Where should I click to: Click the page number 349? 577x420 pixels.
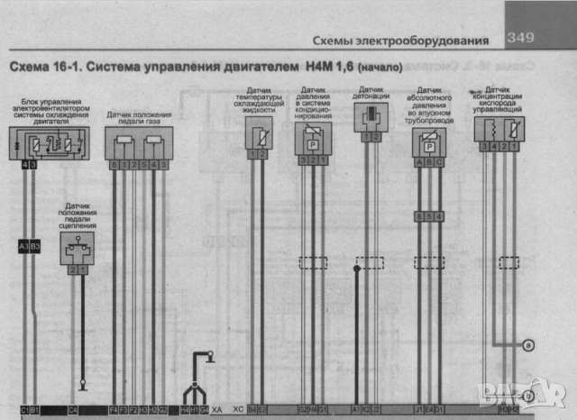(x=521, y=38)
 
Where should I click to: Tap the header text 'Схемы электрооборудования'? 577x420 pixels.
(x=400, y=41)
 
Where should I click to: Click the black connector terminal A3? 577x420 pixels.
(x=24, y=246)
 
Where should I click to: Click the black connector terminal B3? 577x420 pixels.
(x=36, y=246)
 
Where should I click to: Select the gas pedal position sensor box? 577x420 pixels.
(x=137, y=143)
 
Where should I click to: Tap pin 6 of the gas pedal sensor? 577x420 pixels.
(x=114, y=165)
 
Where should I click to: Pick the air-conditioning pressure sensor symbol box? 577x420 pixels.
(x=313, y=140)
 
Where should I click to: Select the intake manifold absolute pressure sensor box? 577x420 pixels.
(x=429, y=144)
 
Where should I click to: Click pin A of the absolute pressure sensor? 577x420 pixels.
(x=418, y=163)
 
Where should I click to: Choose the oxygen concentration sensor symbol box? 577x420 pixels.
(x=499, y=129)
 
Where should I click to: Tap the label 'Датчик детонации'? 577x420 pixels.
(x=371, y=93)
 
